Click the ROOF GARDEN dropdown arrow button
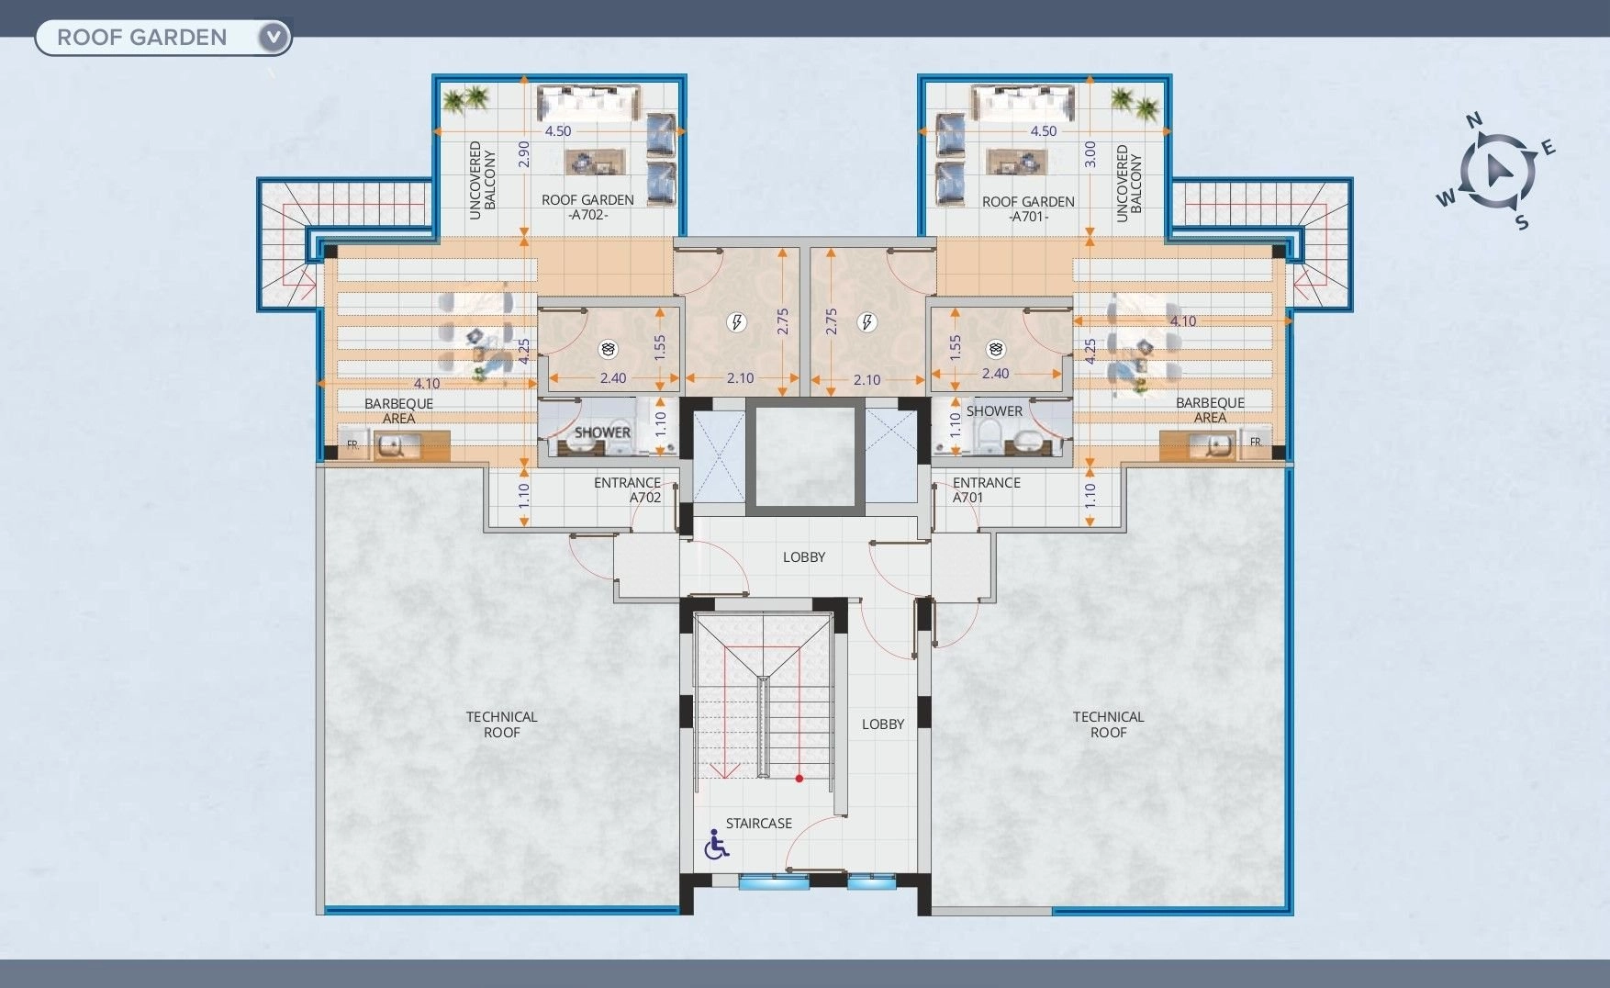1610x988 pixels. [274, 38]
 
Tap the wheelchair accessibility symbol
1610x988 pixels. [716, 844]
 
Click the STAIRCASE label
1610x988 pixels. [758, 824]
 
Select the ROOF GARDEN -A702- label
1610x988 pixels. [587, 208]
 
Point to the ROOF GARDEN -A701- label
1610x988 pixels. [1028, 209]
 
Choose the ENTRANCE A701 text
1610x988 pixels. [987, 490]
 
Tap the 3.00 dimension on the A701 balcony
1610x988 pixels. [1090, 153]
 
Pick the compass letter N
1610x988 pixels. [1474, 120]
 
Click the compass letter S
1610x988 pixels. [1521, 222]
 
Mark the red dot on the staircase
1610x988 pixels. [799, 779]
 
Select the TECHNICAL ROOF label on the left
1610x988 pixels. [501, 724]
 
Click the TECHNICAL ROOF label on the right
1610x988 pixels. [1108, 724]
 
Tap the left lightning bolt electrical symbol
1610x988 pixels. [735, 322]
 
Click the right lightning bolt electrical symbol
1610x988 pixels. [866, 322]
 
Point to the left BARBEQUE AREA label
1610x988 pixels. [398, 410]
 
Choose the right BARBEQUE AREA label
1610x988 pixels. [1210, 410]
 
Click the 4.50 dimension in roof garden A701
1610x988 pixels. [1044, 131]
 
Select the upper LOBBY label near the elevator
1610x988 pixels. [804, 557]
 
